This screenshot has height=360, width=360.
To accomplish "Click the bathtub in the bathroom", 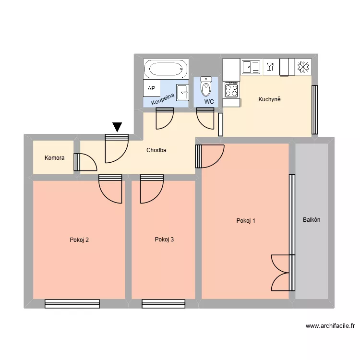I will (166, 69).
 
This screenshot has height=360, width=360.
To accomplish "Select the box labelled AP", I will (151, 89).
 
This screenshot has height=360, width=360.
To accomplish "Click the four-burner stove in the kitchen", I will (231, 90).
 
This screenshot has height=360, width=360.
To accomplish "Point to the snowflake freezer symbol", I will (303, 67).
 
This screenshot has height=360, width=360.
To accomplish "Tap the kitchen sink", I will (251, 67).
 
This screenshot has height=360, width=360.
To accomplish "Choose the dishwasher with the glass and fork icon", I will (270, 67).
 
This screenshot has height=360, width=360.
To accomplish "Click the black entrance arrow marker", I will (117, 127).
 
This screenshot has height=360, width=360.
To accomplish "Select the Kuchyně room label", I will (269, 100).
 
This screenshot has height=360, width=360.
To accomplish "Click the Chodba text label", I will (156, 150).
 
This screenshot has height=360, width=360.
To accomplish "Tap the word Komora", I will (54, 157).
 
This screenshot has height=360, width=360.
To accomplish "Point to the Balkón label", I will (312, 220).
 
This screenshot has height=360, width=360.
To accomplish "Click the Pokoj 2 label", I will (79, 240).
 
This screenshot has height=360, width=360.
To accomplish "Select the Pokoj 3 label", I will (164, 240).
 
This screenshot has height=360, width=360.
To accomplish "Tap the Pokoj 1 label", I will (246, 221).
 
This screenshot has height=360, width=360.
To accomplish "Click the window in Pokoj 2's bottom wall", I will (72, 303).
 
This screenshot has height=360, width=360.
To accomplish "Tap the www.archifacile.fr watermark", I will (330, 326).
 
